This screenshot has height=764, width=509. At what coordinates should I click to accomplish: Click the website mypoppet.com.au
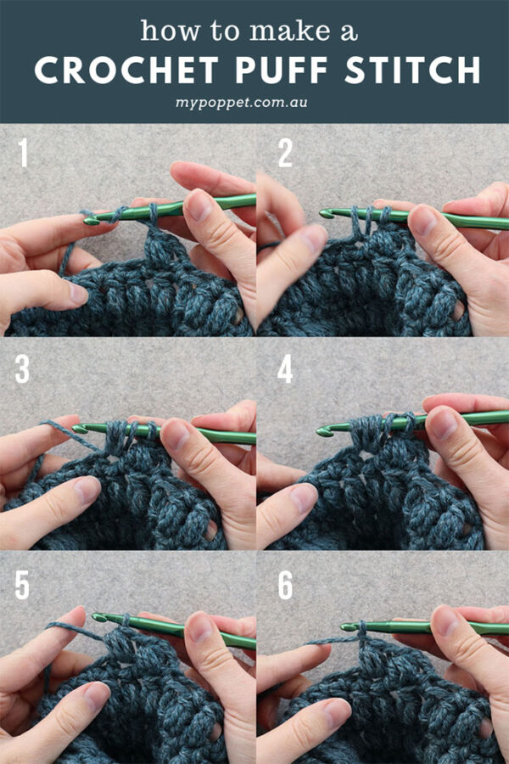[x=254, y=105]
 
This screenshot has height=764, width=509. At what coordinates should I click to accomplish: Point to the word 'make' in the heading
[x=276, y=31]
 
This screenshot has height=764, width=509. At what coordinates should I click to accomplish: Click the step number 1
[x=25, y=154]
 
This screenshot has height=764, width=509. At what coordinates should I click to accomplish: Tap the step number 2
[x=285, y=154]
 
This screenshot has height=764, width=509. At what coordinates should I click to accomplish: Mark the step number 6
[x=286, y=585]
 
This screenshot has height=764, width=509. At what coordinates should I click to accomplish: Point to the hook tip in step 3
[x=78, y=429]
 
